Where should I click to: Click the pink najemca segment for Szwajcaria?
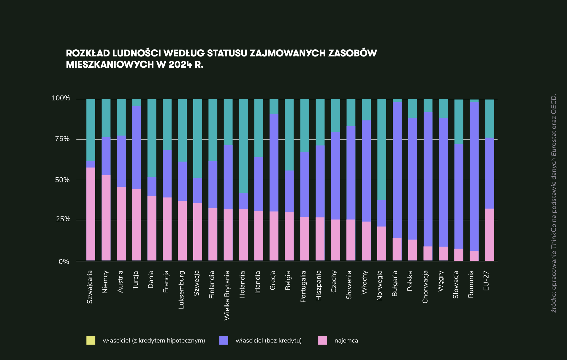[x=91, y=214]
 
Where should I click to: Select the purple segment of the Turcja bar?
[x=137, y=148]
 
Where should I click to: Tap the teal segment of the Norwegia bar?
[x=382, y=149]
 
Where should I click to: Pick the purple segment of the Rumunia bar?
[x=474, y=176]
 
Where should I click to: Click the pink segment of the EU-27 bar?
[x=490, y=235]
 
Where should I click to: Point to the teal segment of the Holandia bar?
[x=243, y=146]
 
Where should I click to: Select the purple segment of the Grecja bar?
[x=274, y=162]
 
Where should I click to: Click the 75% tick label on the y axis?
[x=62, y=139]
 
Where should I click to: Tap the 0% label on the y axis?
[x=64, y=262]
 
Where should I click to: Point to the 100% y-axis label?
[x=61, y=98]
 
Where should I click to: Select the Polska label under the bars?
[x=410, y=281]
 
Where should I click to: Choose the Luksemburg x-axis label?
[x=181, y=290]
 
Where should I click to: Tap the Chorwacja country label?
[x=425, y=287]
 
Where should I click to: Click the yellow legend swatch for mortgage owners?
[x=91, y=340]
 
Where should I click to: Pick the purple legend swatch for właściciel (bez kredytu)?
[x=224, y=340]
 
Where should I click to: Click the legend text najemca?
[x=346, y=341]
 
